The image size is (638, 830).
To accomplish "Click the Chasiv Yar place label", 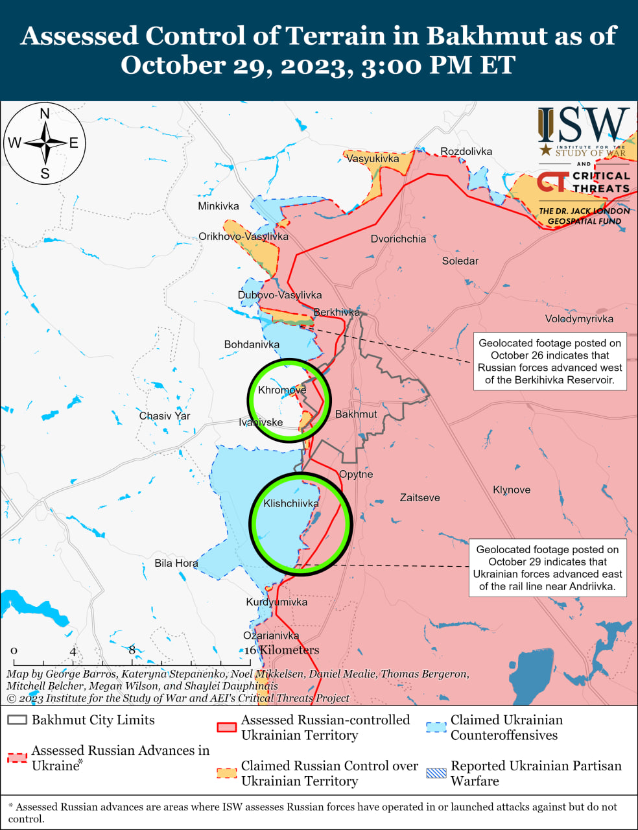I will coord(165,416).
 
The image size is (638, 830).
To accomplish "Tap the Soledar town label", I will coord(460,261).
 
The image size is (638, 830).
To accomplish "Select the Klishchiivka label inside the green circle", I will coord(291,503).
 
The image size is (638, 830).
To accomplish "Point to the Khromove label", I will coord(282,390).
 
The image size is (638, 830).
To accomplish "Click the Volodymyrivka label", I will coord(579,318).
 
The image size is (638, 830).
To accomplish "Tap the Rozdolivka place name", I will coord(466,151).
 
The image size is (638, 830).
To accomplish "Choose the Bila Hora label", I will coord(176,563).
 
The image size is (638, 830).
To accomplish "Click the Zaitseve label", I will coord(419,497).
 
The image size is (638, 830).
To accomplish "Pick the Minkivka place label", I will coord(219,206).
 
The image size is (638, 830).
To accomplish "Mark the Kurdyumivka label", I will coord(277,602).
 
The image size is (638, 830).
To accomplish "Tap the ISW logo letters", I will coord(584,126).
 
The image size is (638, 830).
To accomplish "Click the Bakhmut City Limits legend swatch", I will coord(18,720).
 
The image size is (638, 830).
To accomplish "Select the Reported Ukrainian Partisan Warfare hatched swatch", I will coord(436,773).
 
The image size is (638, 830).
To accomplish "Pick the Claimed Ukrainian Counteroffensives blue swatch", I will coord(436,727).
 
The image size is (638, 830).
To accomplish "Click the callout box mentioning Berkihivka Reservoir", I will coord(550,361).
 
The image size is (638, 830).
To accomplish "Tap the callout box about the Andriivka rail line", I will coord(547,567).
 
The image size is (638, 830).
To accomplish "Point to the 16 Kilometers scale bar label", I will coord(282,650).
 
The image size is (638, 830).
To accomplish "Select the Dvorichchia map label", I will coord(398,239).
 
